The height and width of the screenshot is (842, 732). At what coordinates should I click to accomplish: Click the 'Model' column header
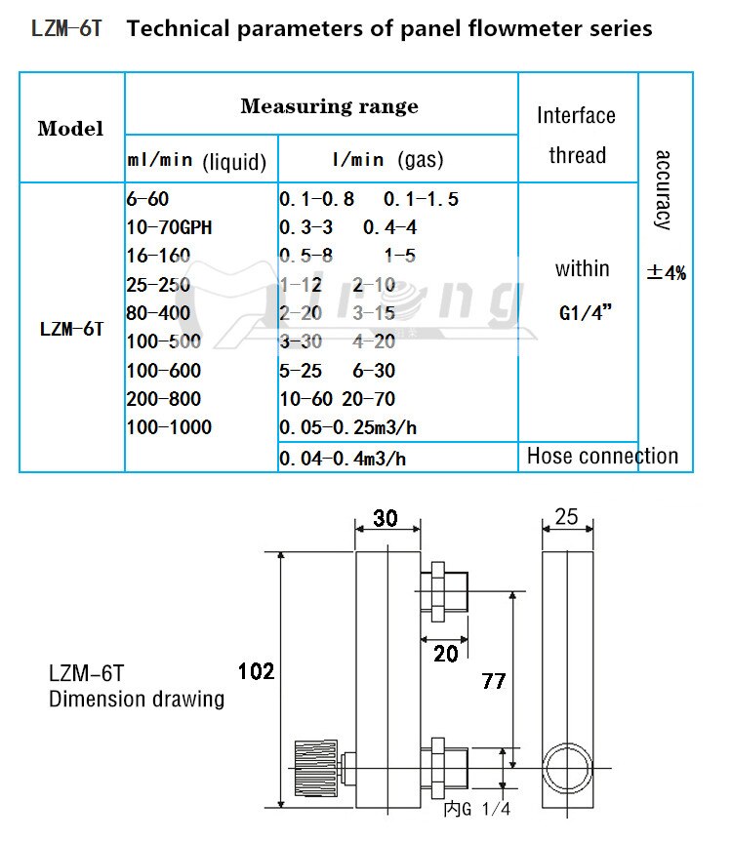point(70,129)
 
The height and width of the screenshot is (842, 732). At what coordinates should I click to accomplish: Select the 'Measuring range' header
point(329,106)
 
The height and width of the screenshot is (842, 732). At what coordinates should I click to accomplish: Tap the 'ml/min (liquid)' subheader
point(197,161)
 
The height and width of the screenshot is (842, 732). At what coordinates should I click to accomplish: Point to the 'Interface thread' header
point(577,135)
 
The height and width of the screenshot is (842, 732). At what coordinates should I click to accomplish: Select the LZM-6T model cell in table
point(71,329)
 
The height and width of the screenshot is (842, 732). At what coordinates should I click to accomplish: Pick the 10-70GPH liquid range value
point(169,227)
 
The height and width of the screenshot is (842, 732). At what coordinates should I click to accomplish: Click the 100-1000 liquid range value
point(169,427)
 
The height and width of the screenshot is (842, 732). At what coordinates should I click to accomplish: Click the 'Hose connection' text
point(602,456)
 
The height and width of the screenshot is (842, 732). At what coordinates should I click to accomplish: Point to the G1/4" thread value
point(583,314)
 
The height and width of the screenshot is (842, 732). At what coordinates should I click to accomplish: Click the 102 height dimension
point(256,671)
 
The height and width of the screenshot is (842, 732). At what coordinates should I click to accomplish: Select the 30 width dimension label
point(386,518)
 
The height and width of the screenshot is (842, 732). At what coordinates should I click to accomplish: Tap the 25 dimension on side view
point(566,517)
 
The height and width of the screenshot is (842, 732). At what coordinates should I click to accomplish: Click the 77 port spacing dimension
point(494,680)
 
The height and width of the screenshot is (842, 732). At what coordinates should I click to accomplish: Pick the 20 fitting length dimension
point(445,654)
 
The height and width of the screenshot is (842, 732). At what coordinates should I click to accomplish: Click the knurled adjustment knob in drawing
point(318,767)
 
